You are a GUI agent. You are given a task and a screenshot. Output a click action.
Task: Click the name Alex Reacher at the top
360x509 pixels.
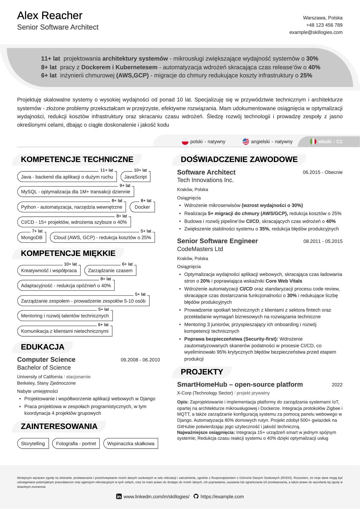tap(50, 16)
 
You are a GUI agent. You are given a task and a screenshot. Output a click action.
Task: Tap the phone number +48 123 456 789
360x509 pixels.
tap(324, 25)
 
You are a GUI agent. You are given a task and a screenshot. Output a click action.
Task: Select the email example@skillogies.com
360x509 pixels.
tap(316, 32)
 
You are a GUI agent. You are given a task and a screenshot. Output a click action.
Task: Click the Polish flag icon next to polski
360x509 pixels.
tap(185, 142)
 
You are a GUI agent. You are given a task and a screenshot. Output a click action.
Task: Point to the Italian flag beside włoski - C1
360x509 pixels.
tap(313, 141)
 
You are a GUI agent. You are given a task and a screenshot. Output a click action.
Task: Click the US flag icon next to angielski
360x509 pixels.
tap(246, 141)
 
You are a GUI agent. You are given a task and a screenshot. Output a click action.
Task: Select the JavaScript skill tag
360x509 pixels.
tap(135, 177)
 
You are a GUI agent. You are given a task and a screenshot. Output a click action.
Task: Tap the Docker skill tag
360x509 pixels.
tap(142, 207)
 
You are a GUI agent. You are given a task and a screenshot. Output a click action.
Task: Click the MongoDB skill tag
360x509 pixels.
tap(32, 237)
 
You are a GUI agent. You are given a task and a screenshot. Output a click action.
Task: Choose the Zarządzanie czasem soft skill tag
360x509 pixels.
tap(110, 270)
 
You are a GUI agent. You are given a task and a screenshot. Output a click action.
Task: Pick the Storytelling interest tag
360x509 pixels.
tap(33, 443)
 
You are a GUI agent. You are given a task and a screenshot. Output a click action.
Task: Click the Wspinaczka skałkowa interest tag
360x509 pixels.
tap(131, 443)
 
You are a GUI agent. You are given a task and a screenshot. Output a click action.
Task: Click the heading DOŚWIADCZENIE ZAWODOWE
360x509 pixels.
tap(239, 159)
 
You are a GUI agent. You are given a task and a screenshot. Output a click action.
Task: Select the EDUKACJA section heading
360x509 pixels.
tap(42, 347)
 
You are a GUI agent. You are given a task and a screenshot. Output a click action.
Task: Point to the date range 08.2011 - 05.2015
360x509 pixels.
tap(323, 241)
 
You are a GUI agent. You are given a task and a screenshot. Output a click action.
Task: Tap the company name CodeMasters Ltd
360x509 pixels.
tap(200, 249)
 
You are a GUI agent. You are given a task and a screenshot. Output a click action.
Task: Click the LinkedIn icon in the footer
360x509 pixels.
tap(119, 497)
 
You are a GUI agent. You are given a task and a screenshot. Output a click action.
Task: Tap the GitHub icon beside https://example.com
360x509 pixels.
tap(196, 496)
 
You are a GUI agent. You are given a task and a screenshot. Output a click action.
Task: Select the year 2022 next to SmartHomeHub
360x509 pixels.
tap(337, 385)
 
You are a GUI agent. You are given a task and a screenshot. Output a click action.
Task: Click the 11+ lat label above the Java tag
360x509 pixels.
tap(106, 170)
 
